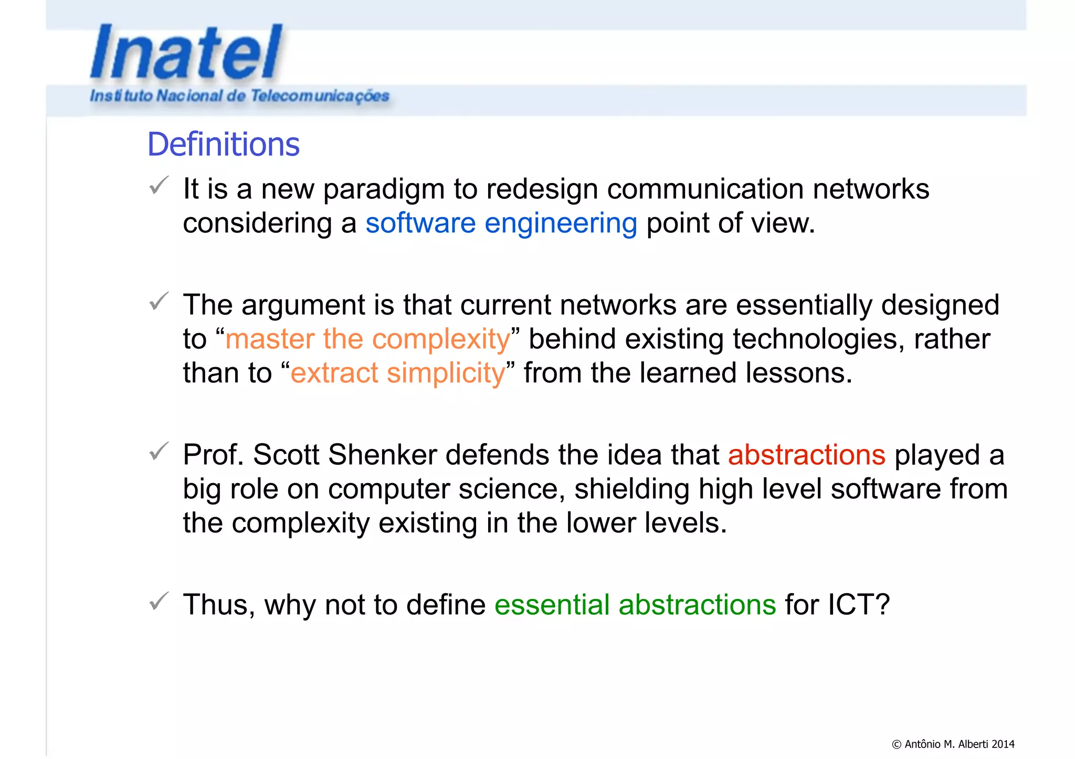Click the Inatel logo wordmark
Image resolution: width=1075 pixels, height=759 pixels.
pyautogui.click(x=186, y=52)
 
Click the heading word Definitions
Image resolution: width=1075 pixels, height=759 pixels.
pyautogui.click(x=223, y=144)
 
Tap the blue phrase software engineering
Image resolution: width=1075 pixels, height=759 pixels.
pyautogui.click(x=501, y=223)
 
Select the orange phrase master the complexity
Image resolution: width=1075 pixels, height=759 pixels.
pyautogui.click(x=367, y=339)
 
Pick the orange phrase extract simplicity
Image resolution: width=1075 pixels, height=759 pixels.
pyautogui.click(x=398, y=373)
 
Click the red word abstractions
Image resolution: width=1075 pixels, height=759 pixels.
pyautogui.click(x=807, y=455)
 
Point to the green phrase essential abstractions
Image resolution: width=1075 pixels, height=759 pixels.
pyautogui.click(x=635, y=604)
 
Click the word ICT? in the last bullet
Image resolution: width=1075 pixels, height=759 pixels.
pyautogui.click(x=859, y=604)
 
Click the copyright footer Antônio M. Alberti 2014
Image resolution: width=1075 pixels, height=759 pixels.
pyautogui.click(x=953, y=744)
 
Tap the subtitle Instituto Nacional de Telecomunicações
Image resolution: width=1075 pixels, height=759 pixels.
pyautogui.click(x=239, y=96)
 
